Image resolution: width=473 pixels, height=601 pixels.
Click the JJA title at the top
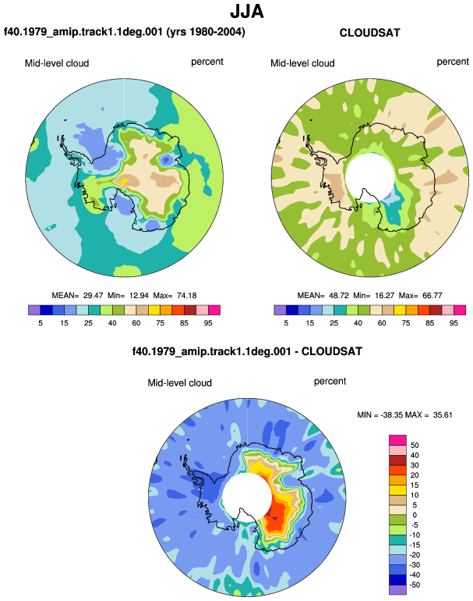(247, 11)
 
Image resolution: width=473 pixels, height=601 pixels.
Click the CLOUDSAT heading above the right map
(369, 33)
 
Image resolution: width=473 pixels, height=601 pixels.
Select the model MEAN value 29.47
(93, 296)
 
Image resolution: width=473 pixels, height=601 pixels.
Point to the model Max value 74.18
(187, 296)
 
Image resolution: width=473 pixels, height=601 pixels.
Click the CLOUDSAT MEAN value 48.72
(339, 296)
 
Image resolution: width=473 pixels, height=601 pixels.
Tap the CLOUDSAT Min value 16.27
(383, 296)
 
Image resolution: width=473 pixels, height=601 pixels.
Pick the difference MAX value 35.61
(443, 414)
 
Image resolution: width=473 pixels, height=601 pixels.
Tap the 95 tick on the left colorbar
(208, 323)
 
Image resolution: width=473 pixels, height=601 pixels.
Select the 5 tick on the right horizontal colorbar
(286, 323)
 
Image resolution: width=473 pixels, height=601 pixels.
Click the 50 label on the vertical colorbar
(415, 446)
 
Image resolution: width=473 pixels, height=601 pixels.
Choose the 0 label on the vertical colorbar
(415, 515)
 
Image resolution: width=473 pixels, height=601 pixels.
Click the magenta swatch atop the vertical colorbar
(397, 440)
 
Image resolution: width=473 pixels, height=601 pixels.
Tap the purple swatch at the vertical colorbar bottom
(397, 590)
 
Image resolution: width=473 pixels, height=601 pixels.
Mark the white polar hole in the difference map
(247, 497)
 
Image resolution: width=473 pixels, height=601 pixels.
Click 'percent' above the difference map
(330, 382)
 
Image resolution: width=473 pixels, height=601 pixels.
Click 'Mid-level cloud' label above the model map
(57, 63)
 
